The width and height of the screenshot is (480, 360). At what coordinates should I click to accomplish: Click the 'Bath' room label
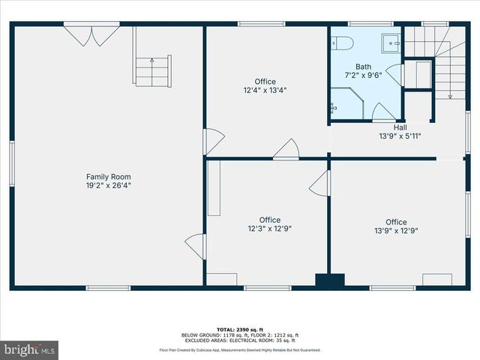(x=363, y=66)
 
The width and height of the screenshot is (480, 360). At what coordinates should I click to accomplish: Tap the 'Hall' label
(x=400, y=127)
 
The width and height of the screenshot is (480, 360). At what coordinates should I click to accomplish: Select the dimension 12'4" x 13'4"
(x=265, y=90)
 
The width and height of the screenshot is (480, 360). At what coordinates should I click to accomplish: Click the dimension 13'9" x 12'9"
(x=396, y=231)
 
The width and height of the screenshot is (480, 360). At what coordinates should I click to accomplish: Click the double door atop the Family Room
(x=91, y=34)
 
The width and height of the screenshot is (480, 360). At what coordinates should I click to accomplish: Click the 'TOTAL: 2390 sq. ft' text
(x=239, y=330)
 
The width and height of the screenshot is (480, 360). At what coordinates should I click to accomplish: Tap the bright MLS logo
(x=29, y=349)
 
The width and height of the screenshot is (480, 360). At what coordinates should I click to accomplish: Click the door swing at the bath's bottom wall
(x=384, y=112)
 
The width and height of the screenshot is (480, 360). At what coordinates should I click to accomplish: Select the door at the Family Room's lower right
(x=196, y=246)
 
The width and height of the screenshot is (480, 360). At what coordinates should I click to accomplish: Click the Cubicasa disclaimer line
(x=239, y=349)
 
